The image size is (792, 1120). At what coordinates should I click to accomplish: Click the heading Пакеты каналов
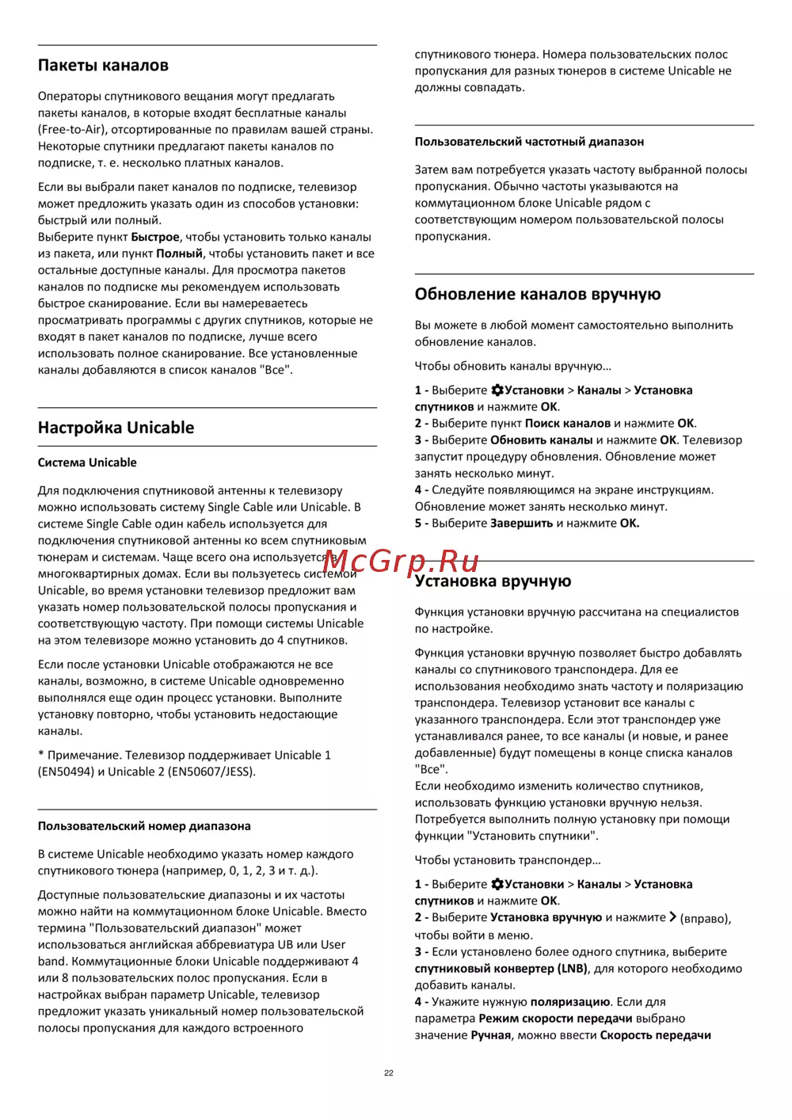click(x=103, y=66)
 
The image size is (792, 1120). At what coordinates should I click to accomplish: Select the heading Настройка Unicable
click(x=116, y=428)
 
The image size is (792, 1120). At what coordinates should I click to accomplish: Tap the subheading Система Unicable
click(x=87, y=463)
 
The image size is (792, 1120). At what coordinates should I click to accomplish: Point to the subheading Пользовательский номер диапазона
click(x=144, y=826)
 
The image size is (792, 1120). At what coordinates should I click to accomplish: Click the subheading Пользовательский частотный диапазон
click(x=529, y=142)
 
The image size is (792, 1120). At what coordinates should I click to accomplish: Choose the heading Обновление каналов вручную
click(x=537, y=295)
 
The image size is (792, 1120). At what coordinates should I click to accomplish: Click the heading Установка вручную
click(x=493, y=581)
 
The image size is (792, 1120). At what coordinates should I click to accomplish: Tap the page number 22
click(x=389, y=1073)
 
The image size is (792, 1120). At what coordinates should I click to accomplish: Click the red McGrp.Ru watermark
click(x=401, y=561)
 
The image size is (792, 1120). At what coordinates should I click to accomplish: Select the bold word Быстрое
click(x=155, y=238)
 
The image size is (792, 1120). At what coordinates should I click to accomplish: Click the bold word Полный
click(x=179, y=254)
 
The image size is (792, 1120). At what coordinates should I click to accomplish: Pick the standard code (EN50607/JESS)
click(x=211, y=772)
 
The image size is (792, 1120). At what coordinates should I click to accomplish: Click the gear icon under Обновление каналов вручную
click(x=497, y=390)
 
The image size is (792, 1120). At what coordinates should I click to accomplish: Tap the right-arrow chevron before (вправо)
click(x=672, y=917)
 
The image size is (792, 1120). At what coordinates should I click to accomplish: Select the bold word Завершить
click(x=521, y=524)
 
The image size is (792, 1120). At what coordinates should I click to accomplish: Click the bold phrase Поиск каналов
click(x=567, y=424)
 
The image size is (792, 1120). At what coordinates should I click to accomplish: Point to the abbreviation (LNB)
click(x=572, y=969)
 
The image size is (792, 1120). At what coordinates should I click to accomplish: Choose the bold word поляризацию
click(x=569, y=1002)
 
